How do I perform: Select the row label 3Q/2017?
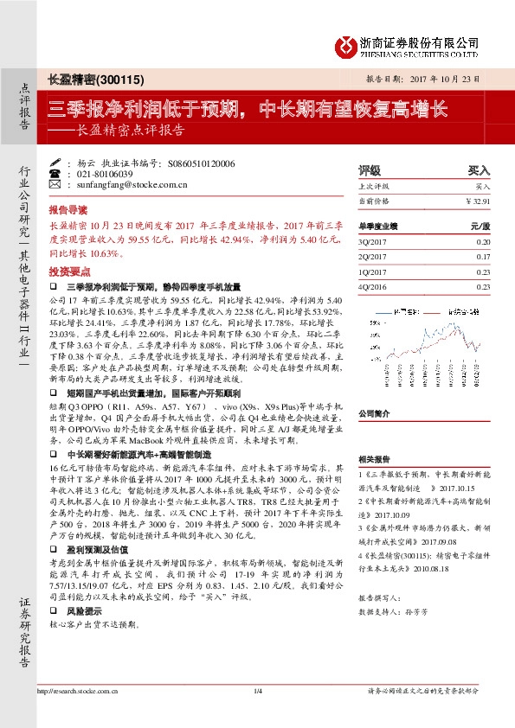tap(371, 243)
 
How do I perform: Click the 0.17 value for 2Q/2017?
tap(483, 257)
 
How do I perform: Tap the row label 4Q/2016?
tap(371, 286)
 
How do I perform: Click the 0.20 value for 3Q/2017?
tap(483, 243)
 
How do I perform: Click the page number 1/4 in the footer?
tap(257, 714)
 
